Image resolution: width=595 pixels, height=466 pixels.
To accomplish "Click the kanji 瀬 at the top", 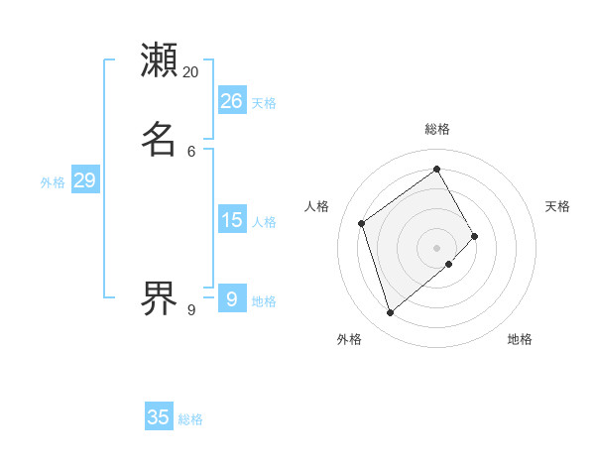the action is tap(160, 59).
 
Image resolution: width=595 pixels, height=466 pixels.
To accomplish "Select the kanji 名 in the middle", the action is tap(160, 138).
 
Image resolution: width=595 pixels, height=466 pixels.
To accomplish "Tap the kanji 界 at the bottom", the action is tap(160, 296).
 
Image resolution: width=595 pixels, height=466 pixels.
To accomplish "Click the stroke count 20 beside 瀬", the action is tap(191, 72).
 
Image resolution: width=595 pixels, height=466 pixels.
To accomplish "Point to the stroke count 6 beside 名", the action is tap(191, 151).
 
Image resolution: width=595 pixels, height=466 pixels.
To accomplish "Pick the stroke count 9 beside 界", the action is tap(191, 310).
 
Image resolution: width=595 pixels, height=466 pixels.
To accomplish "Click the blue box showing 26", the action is tap(232, 101).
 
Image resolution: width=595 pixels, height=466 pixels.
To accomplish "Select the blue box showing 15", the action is tap(232, 220).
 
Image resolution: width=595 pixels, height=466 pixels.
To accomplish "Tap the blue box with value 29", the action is tap(84, 180).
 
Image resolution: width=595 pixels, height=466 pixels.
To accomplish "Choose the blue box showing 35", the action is tap(159, 417).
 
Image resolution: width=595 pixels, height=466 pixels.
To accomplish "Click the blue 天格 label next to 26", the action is tap(264, 103).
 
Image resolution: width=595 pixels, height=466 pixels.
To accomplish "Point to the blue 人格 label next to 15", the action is tap(264, 222).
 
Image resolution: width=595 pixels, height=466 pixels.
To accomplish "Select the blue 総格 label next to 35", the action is tap(190, 419).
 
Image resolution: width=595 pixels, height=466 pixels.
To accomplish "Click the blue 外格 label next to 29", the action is tap(53, 182).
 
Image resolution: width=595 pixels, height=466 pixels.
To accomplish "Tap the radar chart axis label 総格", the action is tap(437, 129).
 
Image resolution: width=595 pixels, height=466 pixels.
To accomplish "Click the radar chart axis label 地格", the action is tap(520, 339).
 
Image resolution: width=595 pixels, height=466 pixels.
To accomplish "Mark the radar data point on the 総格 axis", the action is tap(437, 168).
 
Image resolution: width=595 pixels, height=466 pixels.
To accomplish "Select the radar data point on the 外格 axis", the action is tap(391, 313).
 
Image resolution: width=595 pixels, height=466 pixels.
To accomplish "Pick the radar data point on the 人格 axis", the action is tap(362, 223).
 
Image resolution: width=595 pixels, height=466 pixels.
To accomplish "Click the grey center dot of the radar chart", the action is tap(437, 247).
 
